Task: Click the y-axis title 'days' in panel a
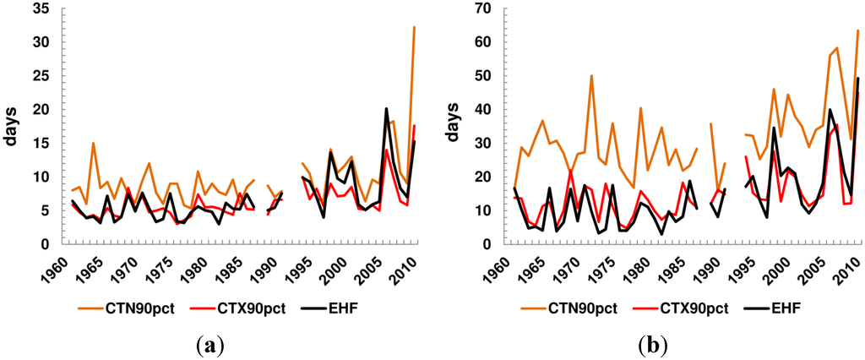click(x=13, y=127)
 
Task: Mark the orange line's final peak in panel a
click(x=414, y=27)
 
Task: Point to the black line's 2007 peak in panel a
click(x=386, y=108)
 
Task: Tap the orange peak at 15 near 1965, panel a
click(x=93, y=143)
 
